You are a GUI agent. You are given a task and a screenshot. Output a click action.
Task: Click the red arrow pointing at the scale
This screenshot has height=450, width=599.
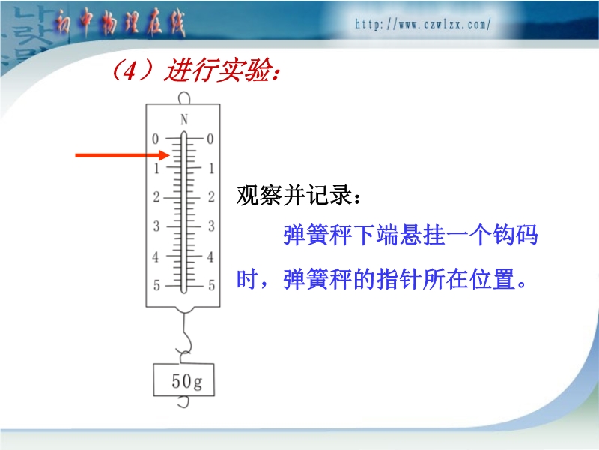pyautogui.click(x=122, y=155)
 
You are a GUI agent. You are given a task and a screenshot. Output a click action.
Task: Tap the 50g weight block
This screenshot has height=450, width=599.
pyautogui.click(x=183, y=379)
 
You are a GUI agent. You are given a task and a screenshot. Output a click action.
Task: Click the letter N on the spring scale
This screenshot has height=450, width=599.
pyautogui.click(x=184, y=120)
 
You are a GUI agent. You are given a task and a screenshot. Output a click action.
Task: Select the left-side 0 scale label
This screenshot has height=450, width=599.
pyautogui.click(x=155, y=139)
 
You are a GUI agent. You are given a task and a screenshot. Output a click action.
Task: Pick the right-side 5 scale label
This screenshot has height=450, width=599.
pyautogui.click(x=211, y=285)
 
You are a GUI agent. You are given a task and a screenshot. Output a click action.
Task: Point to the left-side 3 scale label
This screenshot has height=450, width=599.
pyautogui.click(x=156, y=226)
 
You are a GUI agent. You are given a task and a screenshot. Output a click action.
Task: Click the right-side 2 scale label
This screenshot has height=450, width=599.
pyautogui.click(x=211, y=197)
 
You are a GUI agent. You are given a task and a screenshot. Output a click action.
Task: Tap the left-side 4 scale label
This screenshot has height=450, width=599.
pyautogui.click(x=156, y=256)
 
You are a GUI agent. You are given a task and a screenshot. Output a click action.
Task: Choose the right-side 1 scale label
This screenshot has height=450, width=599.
pyautogui.click(x=211, y=168)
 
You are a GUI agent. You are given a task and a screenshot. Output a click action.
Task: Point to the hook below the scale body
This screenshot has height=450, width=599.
pyautogui.click(x=185, y=337)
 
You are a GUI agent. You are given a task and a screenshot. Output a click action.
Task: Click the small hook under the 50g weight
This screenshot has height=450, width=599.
pyautogui.click(x=184, y=401)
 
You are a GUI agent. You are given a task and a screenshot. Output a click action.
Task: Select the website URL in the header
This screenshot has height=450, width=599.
pyautogui.click(x=422, y=25)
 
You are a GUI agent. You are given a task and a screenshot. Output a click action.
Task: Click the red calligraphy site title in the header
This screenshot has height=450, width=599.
pyautogui.click(x=119, y=24)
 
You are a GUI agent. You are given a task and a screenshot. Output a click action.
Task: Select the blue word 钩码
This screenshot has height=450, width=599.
pyautogui.click(x=515, y=234)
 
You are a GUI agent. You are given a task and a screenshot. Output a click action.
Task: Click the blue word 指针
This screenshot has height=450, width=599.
pyautogui.click(x=399, y=279)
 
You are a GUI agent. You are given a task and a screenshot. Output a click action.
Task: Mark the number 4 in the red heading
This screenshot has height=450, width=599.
pyautogui.click(x=130, y=70)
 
